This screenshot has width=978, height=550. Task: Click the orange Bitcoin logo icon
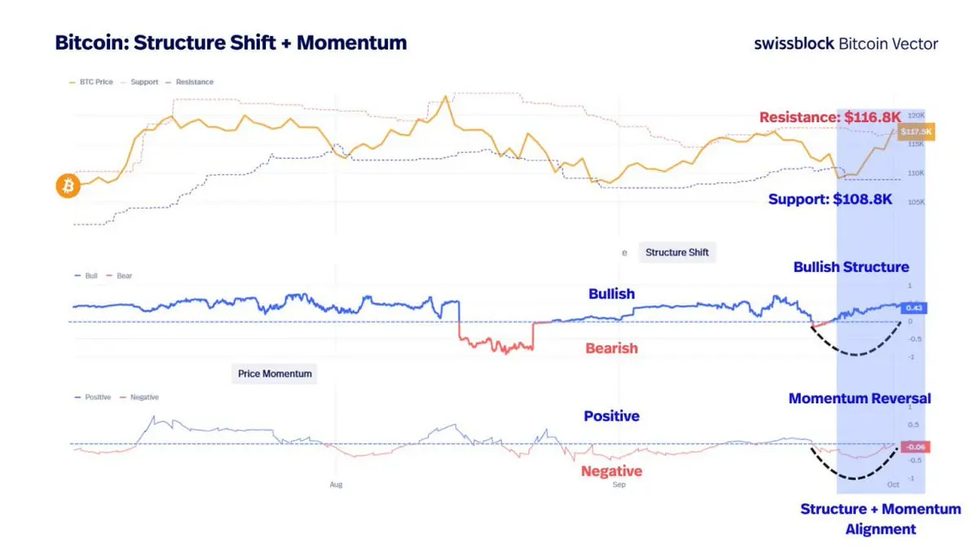click(68, 186)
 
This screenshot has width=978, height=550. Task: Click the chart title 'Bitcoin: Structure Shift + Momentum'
click(231, 43)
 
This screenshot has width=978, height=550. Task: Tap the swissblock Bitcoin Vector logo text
click(846, 44)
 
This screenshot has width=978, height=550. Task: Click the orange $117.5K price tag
click(916, 132)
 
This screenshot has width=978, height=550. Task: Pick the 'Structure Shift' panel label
click(676, 253)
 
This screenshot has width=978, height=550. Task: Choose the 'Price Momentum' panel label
click(275, 374)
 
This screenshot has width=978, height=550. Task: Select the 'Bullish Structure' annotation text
click(851, 267)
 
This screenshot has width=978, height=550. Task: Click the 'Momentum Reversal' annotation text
click(859, 398)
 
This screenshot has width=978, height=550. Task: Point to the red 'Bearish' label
click(611, 349)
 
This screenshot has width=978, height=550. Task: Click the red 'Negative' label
click(611, 471)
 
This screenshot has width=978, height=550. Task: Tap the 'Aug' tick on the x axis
click(336, 485)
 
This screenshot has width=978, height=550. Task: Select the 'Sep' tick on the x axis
click(619, 485)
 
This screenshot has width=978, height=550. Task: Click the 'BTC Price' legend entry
click(95, 82)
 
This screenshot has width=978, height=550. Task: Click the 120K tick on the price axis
click(915, 116)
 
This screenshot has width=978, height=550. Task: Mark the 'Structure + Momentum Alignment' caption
click(880, 519)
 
